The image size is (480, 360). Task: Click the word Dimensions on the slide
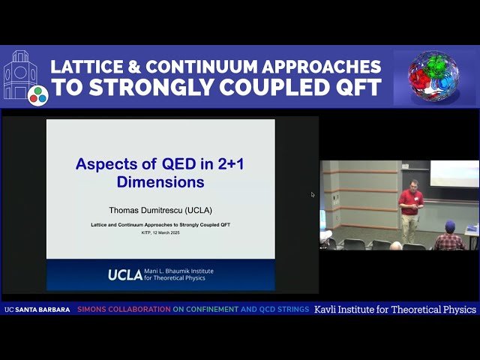(160, 181)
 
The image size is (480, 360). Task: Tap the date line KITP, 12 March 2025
(160, 232)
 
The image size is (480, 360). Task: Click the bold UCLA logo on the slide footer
(124, 275)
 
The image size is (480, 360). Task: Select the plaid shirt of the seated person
(449, 241)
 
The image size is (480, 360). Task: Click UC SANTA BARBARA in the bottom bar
(37, 309)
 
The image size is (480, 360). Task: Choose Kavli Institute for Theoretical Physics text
(395, 309)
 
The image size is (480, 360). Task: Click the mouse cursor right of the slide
(313, 194)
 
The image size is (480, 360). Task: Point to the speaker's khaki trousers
(409, 227)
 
